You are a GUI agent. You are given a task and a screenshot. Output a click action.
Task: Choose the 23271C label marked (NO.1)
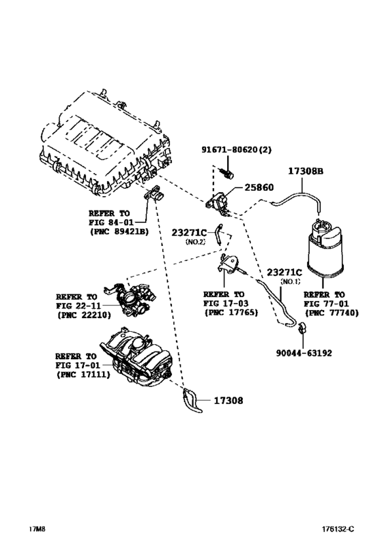pos(284,272)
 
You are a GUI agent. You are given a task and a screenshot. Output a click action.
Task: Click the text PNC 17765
pos(231,313)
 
